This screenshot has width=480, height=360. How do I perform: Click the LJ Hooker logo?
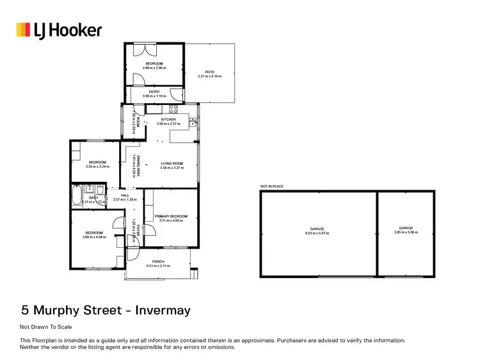[x=58, y=29]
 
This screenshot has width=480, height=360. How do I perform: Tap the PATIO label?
[x=209, y=72]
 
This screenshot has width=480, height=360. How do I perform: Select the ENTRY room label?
[x=154, y=92]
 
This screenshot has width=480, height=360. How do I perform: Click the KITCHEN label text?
[x=168, y=120]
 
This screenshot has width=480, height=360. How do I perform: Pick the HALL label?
[x=125, y=195]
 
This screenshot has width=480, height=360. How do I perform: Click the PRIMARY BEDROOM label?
[x=172, y=216]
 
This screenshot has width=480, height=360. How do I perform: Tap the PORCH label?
[x=158, y=261]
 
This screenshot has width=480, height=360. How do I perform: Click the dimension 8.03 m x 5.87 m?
[x=317, y=233]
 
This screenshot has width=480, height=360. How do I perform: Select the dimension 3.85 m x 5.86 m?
[x=406, y=233]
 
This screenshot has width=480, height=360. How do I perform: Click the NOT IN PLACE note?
[x=271, y=186]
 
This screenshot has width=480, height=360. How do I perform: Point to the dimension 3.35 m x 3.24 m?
[x=97, y=167]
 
